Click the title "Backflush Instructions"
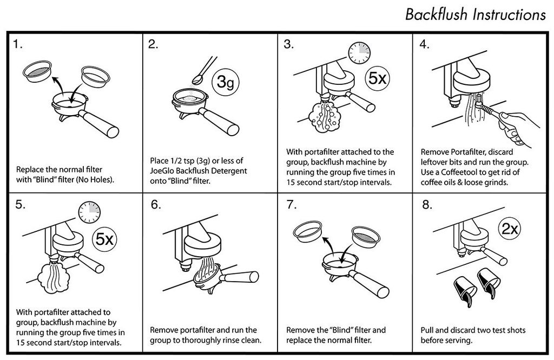(x=475, y=15)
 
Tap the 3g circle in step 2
(x=226, y=82)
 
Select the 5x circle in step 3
(x=377, y=78)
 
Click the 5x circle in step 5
(x=104, y=239)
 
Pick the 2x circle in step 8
(x=510, y=229)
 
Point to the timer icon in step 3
(x=359, y=53)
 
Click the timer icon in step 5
(x=89, y=212)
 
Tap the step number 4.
(x=424, y=44)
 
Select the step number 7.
(x=292, y=205)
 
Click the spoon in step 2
(x=205, y=71)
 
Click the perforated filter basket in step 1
(x=37, y=71)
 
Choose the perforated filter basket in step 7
(x=366, y=236)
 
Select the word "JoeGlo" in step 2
(x=162, y=171)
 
